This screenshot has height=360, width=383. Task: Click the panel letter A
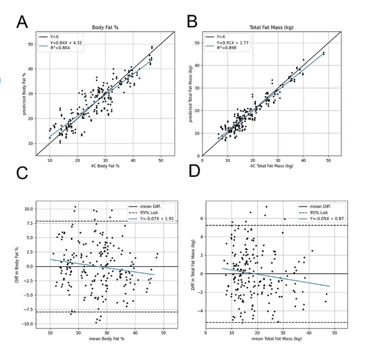click(x=22, y=22)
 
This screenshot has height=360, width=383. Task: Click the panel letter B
click(x=192, y=21)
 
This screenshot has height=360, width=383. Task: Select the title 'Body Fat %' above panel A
click(x=106, y=27)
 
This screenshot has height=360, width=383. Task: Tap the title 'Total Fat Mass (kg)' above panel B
click(x=273, y=27)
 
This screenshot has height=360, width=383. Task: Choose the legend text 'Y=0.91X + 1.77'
click(x=233, y=42)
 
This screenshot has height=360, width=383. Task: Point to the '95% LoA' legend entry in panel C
click(x=145, y=212)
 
